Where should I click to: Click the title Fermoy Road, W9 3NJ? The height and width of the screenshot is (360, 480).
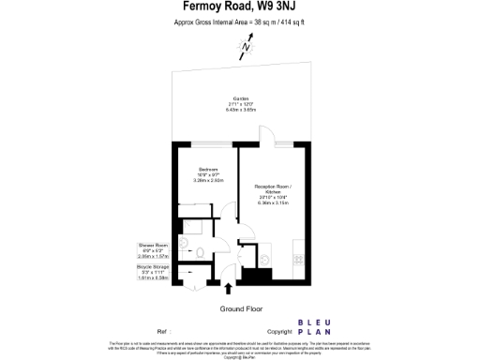coord(240,7)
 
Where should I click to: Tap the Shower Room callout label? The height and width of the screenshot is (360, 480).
coord(151,248)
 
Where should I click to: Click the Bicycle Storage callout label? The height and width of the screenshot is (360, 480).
coord(151,272)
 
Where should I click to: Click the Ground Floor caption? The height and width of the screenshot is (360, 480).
coord(240,308)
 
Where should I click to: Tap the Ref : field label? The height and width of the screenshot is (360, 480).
coord(164,332)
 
